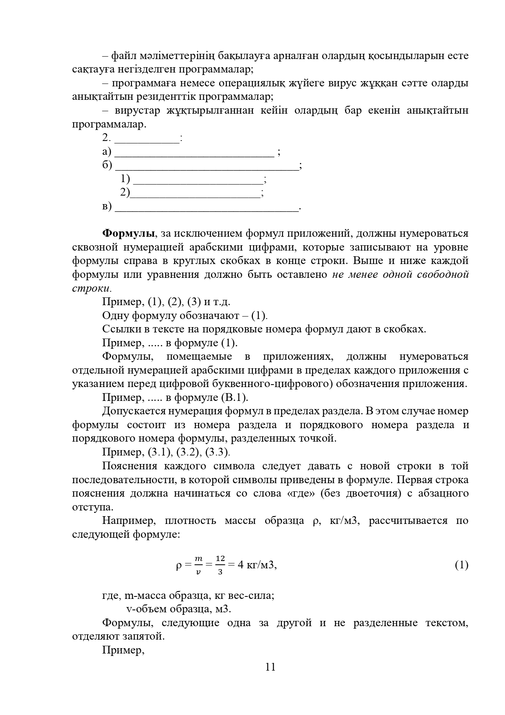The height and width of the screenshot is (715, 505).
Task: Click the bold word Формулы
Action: (x=128, y=233)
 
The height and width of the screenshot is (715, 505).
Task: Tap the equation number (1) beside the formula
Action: (x=461, y=565)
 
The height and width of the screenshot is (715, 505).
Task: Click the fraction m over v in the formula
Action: (x=198, y=565)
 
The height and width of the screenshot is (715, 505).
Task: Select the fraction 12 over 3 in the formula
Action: (x=220, y=565)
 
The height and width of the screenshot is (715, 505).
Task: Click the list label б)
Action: (x=107, y=166)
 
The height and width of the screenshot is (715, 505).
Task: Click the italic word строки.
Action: (x=90, y=288)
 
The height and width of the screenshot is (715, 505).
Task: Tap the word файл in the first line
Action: (x=125, y=56)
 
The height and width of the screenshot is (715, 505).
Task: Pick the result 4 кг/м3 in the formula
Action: (x=257, y=565)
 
